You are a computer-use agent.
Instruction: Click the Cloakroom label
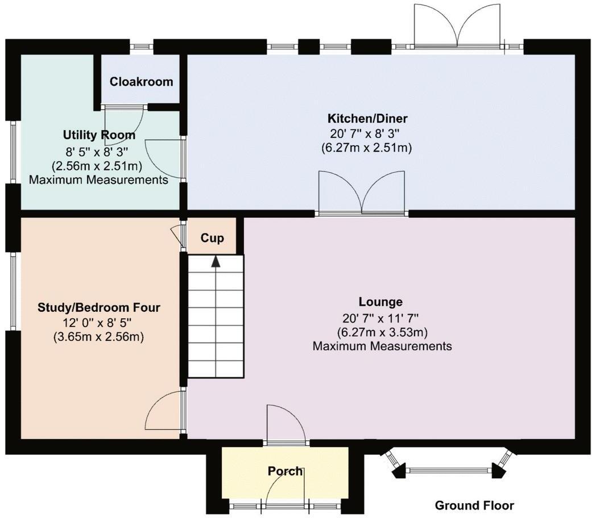[141, 82]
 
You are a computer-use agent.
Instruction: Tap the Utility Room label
[99, 135]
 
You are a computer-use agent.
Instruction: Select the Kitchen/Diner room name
[367, 119]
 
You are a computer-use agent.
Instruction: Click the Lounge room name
[380, 302]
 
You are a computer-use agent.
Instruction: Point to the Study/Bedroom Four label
[99, 308]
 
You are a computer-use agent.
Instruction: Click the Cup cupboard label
[212, 238]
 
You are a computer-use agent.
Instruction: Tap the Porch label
[285, 471]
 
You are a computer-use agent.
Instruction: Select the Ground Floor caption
[474, 505]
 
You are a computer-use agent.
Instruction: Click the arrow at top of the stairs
[216, 261]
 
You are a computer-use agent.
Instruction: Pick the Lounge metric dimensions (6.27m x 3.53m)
[382, 332]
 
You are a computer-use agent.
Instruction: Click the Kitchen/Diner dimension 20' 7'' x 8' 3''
[367, 134]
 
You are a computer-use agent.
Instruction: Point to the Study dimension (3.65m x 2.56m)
[99, 336]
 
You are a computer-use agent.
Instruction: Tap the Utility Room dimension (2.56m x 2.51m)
[99, 166]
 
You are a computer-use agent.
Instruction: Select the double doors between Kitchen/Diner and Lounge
[362, 195]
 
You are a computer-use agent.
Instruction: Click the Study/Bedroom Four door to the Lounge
[165, 413]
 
